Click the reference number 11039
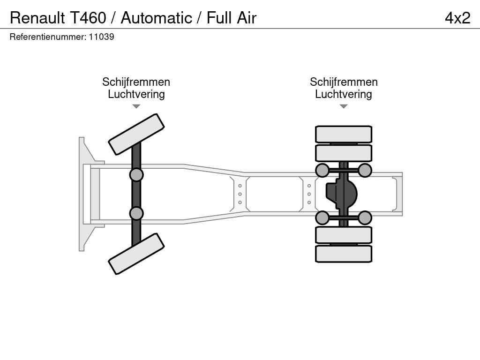(101, 37)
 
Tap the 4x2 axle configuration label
(457, 18)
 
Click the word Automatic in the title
(157, 18)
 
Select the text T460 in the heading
(88, 18)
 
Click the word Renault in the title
(37, 18)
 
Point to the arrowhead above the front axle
(136, 106)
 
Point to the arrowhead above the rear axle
(344, 106)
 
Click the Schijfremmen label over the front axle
(136, 82)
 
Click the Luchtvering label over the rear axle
(344, 94)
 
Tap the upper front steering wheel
(136, 134)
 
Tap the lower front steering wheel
(136, 254)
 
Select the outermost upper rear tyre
(344, 134)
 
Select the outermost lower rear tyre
(344, 254)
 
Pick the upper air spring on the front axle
(136, 175)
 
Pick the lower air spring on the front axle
(136, 213)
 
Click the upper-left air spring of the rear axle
(322, 170)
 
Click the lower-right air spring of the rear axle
(365, 217)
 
